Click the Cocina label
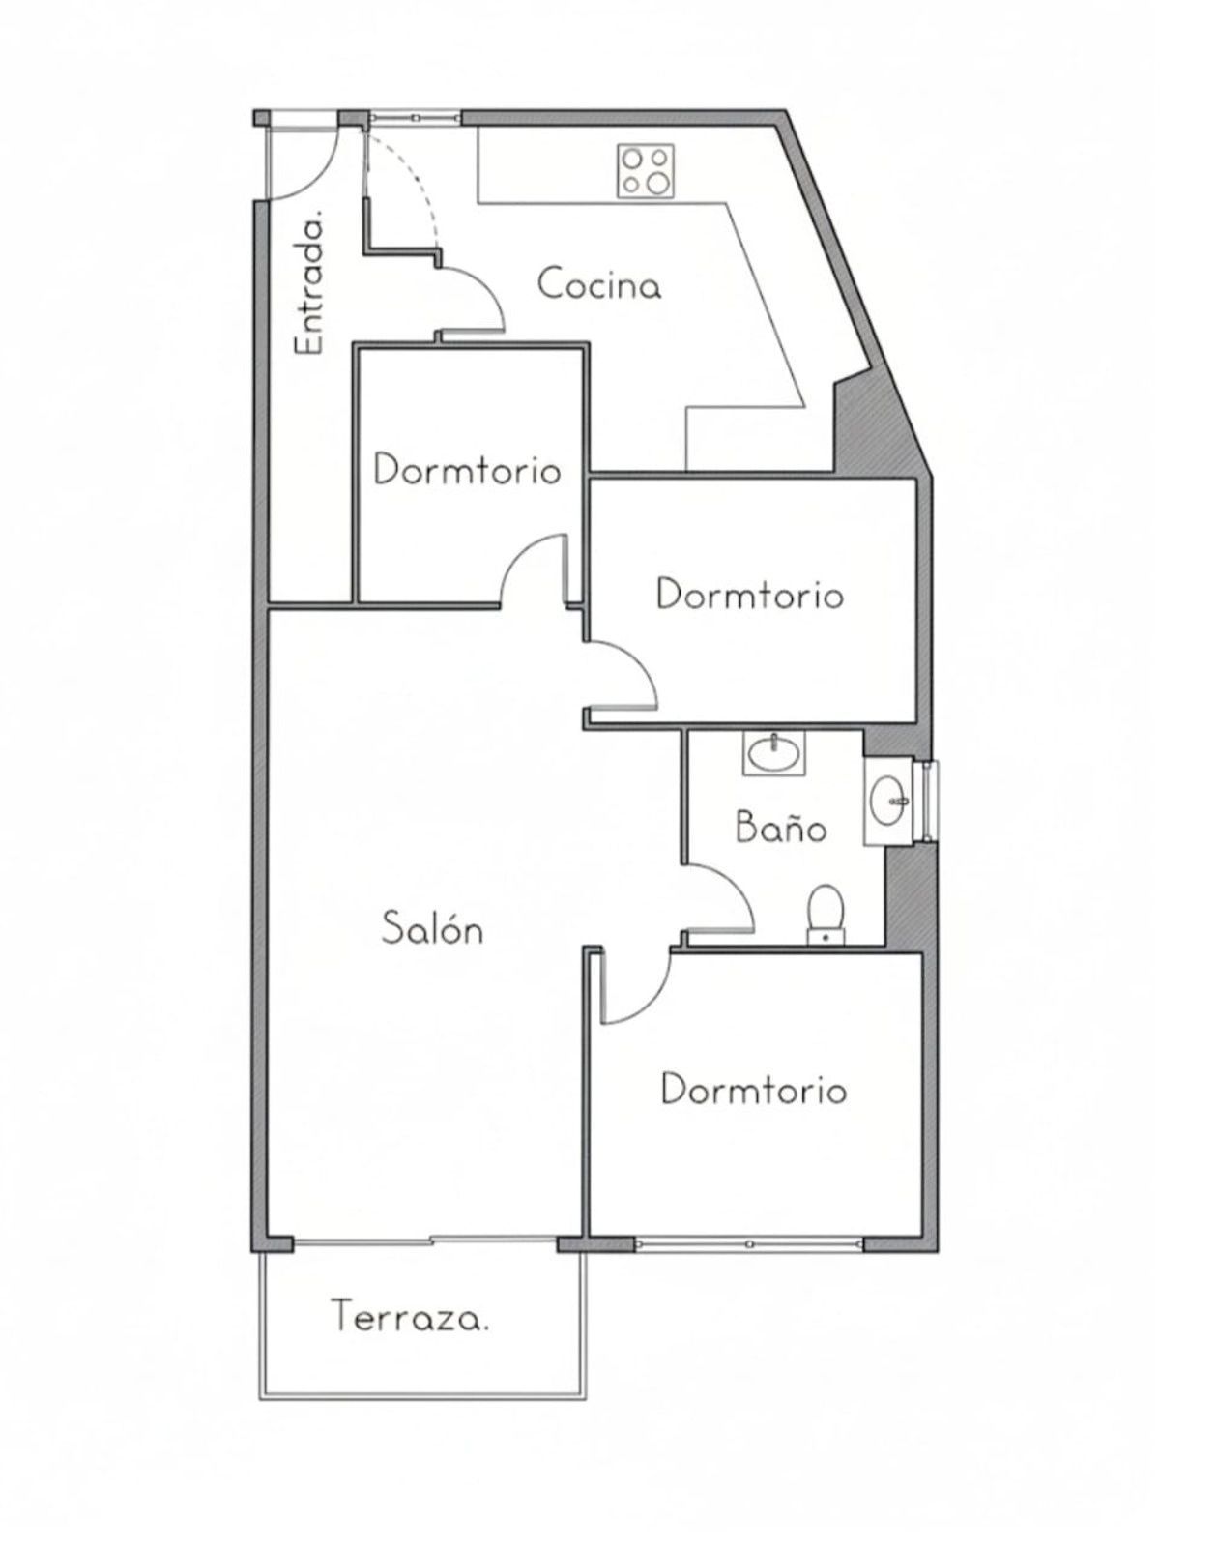pos(599,284)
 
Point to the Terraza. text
pos(410,1317)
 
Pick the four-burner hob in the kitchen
pos(646,170)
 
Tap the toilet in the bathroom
pos(826,915)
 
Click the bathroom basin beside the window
pos(887,800)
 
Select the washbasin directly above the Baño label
pos(773,752)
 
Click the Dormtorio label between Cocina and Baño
pos(750,596)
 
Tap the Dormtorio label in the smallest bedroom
pos(467,471)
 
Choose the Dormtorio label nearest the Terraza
pos(753,1091)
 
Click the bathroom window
pos(930,801)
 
